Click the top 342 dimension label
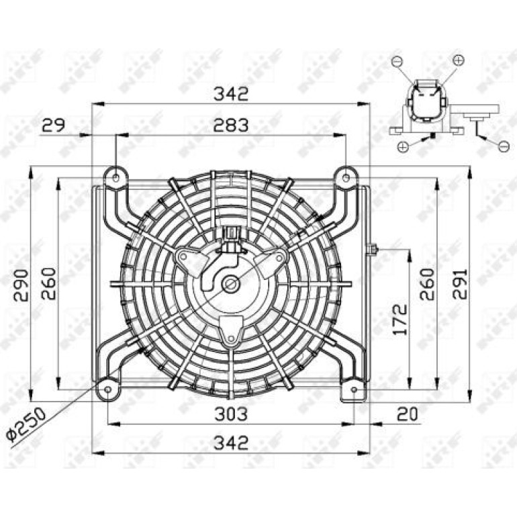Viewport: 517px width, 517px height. [x=231, y=93]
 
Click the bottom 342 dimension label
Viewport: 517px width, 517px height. [x=231, y=443]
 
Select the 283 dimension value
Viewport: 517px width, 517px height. [x=231, y=126]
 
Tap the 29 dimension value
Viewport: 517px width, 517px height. [x=54, y=125]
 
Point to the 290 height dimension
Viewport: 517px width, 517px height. [x=21, y=285]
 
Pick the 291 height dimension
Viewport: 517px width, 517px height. [x=460, y=284]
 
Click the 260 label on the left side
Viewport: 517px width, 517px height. [x=49, y=283]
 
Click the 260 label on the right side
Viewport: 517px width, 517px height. [x=427, y=284]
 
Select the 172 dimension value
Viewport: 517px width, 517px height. [x=400, y=319]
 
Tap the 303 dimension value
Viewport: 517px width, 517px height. [x=231, y=414]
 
